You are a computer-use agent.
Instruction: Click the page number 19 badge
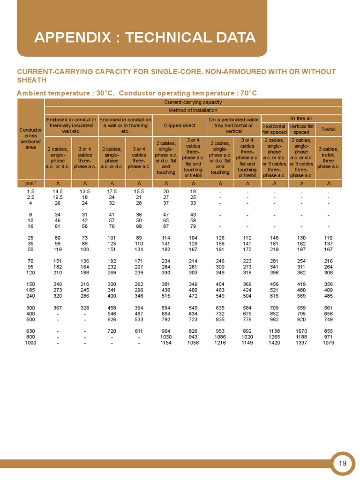(x=343, y=464)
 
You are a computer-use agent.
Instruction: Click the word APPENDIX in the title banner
(x=72, y=37)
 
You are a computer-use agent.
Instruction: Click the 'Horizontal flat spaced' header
(x=274, y=129)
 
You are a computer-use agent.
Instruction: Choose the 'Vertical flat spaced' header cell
(x=301, y=129)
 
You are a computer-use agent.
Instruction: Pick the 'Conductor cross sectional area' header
(x=30, y=138)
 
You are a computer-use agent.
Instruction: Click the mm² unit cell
(x=30, y=183)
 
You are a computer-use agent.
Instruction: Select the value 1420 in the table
(x=274, y=343)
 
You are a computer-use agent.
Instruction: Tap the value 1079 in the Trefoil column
(x=329, y=343)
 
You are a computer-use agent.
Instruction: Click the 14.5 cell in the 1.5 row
(x=58, y=191)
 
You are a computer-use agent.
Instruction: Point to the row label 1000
(x=30, y=343)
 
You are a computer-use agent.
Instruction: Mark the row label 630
(x=30, y=330)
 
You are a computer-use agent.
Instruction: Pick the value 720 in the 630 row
(x=112, y=330)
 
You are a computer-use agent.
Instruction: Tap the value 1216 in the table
(x=220, y=343)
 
